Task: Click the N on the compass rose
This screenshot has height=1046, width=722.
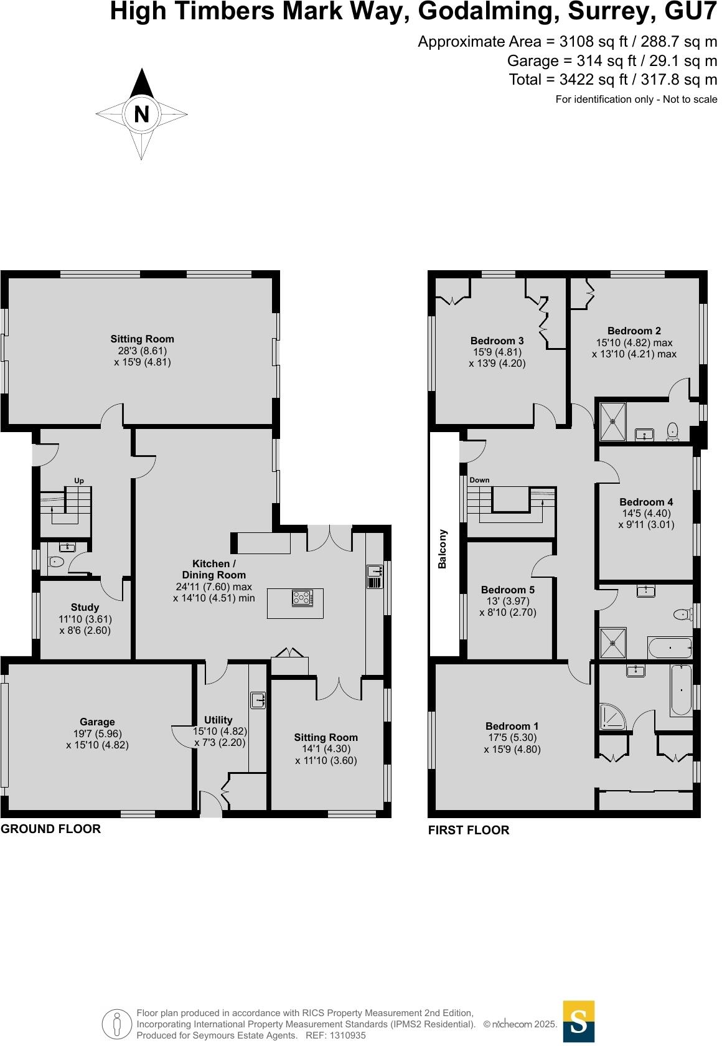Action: point(142,115)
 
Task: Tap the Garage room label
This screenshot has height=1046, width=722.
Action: point(97,722)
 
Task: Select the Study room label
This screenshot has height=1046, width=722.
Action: point(85,607)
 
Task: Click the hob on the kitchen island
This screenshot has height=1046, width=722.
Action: point(302,598)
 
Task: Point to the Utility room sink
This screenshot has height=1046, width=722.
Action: point(259,700)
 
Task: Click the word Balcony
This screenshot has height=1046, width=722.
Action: point(443,549)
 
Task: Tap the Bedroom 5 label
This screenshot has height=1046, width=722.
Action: point(507,590)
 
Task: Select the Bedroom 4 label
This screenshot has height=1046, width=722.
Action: point(646,502)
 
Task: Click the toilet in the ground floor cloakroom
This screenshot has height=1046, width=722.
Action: point(56,562)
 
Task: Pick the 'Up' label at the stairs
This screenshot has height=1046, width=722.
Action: point(79,481)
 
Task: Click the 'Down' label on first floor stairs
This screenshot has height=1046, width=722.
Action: point(479,480)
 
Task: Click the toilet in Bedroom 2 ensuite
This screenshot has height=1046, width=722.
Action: point(672,431)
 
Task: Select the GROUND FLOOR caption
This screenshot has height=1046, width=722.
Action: point(50,829)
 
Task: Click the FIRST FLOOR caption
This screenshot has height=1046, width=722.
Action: point(469,830)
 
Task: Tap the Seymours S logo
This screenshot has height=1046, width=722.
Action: point(578,1021)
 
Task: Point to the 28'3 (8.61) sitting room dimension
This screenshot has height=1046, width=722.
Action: point(143,351)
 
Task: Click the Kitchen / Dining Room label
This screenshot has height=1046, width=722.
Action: point(213,569)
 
